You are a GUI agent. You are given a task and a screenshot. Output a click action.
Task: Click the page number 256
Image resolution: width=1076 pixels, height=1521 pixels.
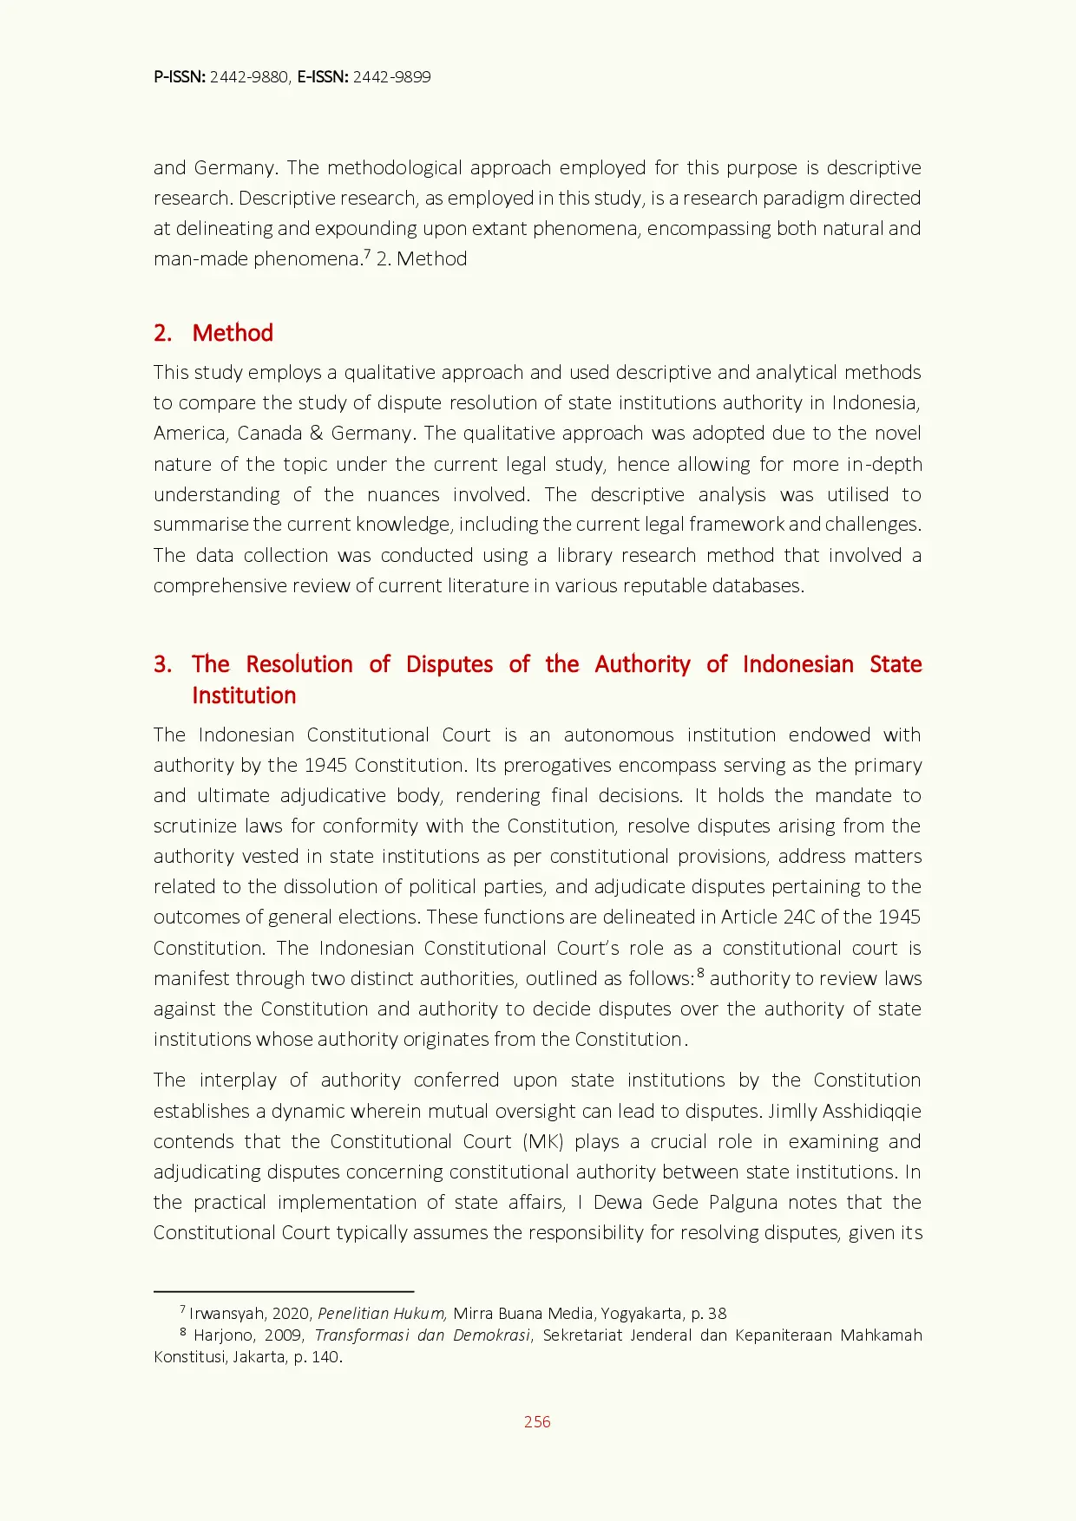click(537, 1421)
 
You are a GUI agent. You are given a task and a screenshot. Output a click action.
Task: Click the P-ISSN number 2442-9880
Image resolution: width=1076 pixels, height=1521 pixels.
click(249, 77)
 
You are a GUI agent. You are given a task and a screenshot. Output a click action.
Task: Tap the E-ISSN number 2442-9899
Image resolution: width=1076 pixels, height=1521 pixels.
click(391, 77)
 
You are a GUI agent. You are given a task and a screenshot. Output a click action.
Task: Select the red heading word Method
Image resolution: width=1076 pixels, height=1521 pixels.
click(233, 333)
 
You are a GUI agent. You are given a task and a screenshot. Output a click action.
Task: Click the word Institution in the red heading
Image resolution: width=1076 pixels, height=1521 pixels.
click(244, 695)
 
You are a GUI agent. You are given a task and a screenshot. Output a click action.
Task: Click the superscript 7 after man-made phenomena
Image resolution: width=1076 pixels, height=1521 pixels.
click(367, 254)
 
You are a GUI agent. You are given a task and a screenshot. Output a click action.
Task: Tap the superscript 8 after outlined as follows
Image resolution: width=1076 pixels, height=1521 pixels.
click(700, 973)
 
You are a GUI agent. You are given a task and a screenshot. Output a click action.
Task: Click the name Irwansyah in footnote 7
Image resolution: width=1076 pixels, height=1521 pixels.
click(226, 1313)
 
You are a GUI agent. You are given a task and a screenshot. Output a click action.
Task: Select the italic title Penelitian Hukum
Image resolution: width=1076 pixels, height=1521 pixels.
click(382, 1313)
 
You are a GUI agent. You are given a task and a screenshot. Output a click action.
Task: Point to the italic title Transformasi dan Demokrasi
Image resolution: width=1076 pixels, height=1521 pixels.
click(422, 1335)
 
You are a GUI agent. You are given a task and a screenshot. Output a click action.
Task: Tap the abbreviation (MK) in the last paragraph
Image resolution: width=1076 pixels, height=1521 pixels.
click(543, 1141)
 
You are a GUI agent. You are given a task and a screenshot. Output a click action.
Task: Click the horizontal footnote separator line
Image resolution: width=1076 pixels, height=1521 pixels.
click(284, 1291)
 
